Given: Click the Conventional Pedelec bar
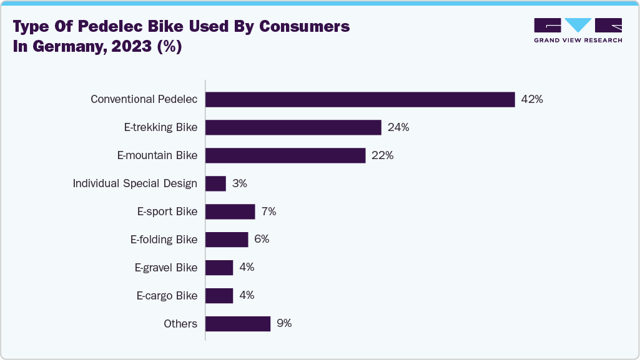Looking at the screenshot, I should point(360,100).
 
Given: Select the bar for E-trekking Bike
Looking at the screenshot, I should point(293,128).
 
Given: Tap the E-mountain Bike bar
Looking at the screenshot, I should point(285,155).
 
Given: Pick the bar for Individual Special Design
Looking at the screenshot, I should point(215,183).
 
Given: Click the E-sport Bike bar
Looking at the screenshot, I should point(230,212).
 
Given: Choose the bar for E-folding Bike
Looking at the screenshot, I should point(227,240).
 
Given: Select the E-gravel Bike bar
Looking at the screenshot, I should point(219,268).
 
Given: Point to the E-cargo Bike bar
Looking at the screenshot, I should point(219,296).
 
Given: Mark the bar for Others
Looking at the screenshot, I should point(237,324).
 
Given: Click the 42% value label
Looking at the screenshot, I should point(532,100).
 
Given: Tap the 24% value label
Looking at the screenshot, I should point(398,128).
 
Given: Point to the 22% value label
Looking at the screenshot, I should point(382,155).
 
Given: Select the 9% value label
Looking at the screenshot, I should point(284,324).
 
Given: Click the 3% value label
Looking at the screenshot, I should point(240,183).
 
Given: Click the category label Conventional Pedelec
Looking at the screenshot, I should point(144,100).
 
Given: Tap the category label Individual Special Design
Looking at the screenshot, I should point(135,183).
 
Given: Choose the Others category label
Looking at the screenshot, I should point(180,324).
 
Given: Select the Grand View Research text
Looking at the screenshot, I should point(578,41).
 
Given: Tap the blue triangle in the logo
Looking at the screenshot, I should point(578,25).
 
